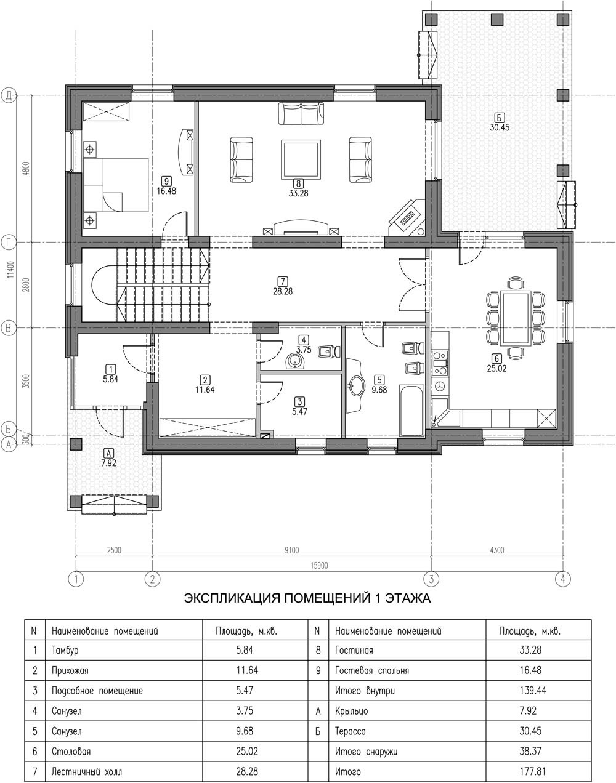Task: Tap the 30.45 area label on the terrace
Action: pos(499,127)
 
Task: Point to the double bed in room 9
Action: pos(116,185)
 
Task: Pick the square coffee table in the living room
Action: pos(301,159)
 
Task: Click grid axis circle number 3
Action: pos(431,578)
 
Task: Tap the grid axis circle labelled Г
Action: pos(9,242)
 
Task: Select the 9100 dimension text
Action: pos(291,550)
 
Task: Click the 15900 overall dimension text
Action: pos(319,566)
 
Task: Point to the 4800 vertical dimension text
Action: pos(25,169)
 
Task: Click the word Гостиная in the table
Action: pos(354,650)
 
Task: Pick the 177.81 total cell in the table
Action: pos(533,772)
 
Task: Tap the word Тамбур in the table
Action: pos(65,650)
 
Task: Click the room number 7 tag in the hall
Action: pos(283,281)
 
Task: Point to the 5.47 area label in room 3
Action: pos(299,412)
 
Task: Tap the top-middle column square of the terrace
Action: pos(497,19)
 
